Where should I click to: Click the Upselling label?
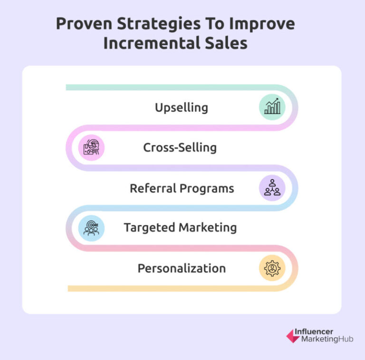point(182,107)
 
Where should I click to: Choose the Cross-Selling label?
point(180,147)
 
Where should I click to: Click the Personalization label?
point(182,268)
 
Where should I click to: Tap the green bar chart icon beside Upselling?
point(272,107)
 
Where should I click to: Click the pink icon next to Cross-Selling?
point(91,147)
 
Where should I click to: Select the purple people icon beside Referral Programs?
point(272,187)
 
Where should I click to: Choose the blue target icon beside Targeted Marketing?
point(91,228)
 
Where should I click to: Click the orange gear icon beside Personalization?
point(272,268)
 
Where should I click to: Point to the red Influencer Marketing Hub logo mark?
point(293,336)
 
